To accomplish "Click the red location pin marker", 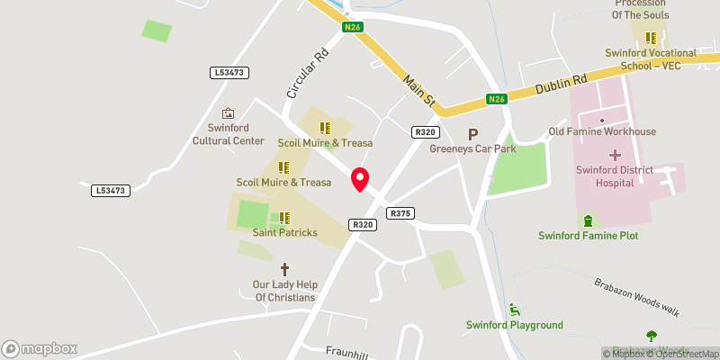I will tap(360, 179).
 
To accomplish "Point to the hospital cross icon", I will tap(615, 155).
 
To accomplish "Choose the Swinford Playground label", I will tap(514, 325).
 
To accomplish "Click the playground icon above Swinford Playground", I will tap(514, 309).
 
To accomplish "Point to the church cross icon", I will tap(284, 269).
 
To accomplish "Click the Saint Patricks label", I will tap(284, 233).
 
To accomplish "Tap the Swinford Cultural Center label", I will tap(229, 134).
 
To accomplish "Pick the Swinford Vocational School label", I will tap(652, 59).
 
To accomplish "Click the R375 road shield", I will tap(400, 213).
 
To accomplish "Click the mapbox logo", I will tap(40, 348).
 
